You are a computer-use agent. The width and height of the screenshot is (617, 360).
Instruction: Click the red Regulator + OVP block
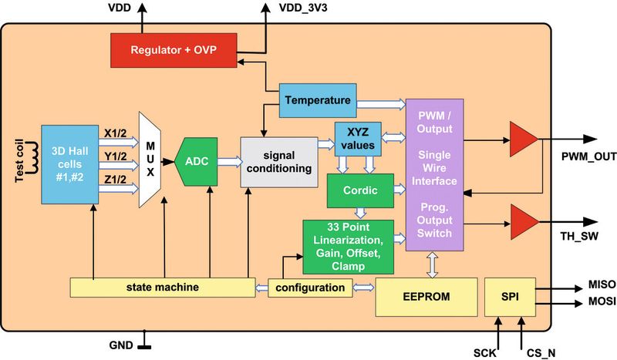(x=174, y=50)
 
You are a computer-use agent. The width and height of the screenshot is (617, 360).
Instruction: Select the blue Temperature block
(x=317, y=100)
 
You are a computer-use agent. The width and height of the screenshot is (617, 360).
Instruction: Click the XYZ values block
(x=357, y=138)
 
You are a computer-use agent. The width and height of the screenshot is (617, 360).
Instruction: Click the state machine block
(x=162, y=287)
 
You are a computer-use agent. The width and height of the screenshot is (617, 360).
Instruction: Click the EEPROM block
(x=420, y=296)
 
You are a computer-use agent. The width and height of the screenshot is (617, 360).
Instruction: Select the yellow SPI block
(x=510, y=297)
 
